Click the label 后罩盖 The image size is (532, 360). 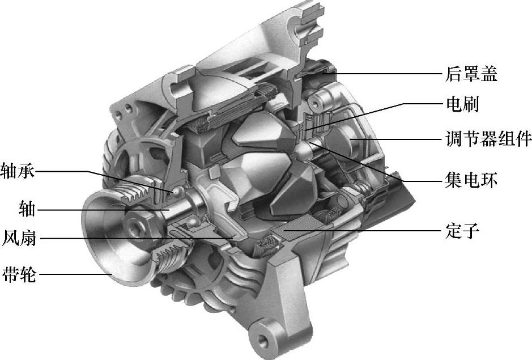tap(471, 74)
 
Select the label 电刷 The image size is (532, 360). tap(462, 104)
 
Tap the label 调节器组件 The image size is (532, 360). tap(488, 139)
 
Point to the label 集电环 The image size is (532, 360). tap(471, 180)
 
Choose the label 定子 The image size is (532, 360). tap(462, 230)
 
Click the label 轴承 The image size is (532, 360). tap(18, 171)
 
